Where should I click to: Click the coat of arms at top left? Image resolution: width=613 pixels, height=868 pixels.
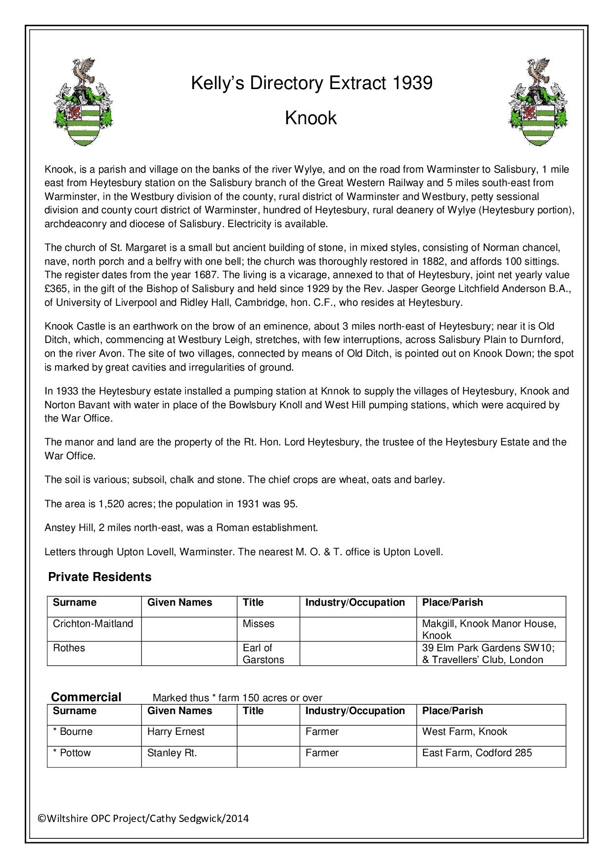coord(83,102)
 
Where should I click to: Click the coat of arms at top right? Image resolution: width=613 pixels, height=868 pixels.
coord(538,102)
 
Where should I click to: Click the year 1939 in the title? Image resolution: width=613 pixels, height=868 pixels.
coord(412,83)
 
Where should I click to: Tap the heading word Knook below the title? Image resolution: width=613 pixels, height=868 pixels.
coord(310,118)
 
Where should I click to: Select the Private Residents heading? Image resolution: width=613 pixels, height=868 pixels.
coord(99,577)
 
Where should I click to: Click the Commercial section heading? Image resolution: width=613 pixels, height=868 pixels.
coord(86,697)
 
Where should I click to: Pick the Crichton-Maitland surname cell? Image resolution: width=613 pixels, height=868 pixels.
coord(93,624)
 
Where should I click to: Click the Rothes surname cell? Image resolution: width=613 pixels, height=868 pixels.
coord(69,648)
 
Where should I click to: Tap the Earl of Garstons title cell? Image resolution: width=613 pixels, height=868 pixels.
coord(263,654)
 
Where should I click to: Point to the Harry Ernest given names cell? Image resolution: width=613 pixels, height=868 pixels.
coord(175,732)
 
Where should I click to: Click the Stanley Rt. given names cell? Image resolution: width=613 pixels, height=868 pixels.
coord(172,753)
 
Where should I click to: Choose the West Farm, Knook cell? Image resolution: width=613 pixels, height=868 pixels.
coord(464,732)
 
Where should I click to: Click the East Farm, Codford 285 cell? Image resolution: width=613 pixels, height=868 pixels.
coord(477,753)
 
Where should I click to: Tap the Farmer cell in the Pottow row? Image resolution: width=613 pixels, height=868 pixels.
coord(322,753)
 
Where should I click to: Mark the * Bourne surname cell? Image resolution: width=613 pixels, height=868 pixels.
coord(73,732)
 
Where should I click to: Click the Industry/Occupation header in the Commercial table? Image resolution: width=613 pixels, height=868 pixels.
coord(355,711)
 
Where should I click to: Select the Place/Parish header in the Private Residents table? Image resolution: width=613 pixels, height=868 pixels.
coord(452,603)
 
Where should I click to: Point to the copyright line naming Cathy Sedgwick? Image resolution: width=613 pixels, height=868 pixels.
coord(143,819)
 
